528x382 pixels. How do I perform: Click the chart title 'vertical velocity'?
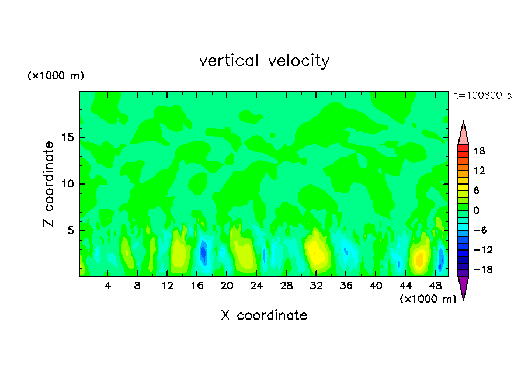coord(264,61)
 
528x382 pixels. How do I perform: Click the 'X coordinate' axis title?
coord(264,315)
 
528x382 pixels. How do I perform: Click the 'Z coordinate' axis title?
coord(49,184)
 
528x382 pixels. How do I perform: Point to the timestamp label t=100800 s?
coord(482,95)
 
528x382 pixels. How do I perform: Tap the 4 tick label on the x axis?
coord(108,286)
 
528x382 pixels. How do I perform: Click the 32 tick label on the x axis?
coord(316,286)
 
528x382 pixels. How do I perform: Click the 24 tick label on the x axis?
coord(257,286)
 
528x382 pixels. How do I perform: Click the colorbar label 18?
coord(479,151)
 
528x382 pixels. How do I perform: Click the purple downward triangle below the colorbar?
coord(463,286)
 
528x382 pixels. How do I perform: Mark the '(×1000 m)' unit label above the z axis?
coord(55,76)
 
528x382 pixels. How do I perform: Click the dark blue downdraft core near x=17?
coord(203,252)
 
